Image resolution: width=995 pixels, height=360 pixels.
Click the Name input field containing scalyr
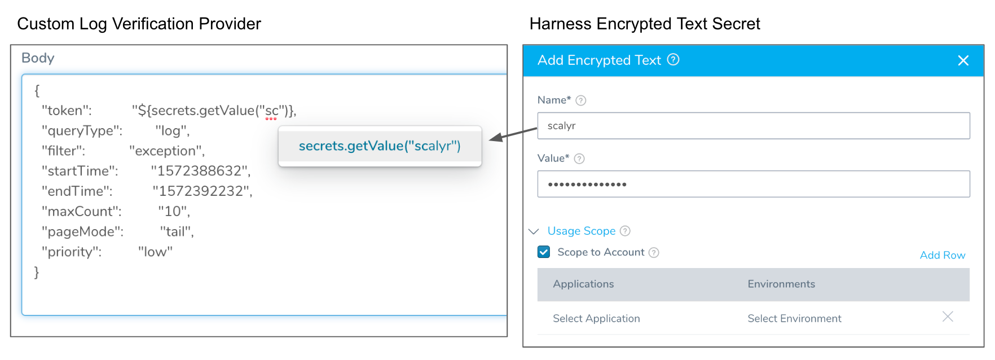click(754, 126)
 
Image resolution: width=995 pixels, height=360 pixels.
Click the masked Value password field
click(754, 184)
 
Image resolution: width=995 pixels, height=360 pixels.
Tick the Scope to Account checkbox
click(544, 252)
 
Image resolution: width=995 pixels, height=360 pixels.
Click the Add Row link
click(943, 255)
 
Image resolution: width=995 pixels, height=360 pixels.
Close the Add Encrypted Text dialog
click(963, 60)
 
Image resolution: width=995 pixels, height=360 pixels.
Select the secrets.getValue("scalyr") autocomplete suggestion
click(380, 146)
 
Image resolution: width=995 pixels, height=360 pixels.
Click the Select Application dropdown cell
click(596, 318)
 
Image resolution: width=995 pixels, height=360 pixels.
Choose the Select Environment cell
click(794, 318)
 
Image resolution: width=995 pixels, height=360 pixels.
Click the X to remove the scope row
click(948, 317)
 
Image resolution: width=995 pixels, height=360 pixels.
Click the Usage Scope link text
click(582, 231)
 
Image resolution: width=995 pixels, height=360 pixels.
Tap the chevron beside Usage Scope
click(534, 231)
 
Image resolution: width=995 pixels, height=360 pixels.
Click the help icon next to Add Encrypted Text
click(673, 59)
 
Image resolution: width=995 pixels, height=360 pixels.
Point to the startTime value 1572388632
click(200, 171)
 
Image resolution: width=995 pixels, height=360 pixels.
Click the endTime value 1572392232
click(202, 191)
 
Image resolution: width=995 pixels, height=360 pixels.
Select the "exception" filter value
click(166, 151)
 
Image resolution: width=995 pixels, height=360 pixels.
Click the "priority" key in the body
click(72, 252)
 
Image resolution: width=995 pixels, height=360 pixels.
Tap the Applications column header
click(583, 284)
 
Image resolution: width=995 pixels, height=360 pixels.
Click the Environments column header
click(781, 284)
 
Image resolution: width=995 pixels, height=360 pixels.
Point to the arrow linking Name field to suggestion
click(513, 134)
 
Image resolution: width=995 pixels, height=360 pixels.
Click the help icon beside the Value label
click(579, 159)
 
